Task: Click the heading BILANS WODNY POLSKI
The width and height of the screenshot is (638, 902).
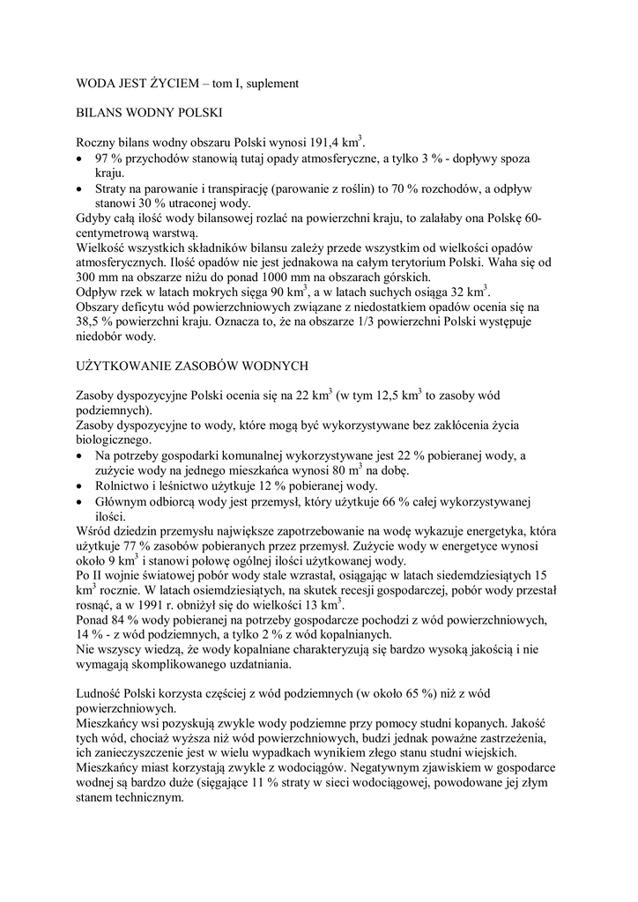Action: [149, 113]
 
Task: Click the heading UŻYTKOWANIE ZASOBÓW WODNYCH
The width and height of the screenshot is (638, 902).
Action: [193, 364]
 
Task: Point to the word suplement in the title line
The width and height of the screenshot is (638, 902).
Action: [272, 83]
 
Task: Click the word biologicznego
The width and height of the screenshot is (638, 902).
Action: [114, 440]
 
